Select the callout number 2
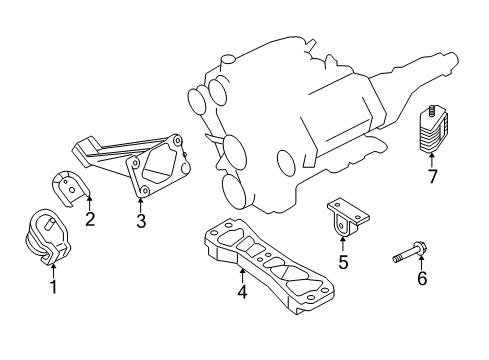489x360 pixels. point(90,218)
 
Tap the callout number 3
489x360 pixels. point(141,221)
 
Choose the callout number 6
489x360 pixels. point(422,278)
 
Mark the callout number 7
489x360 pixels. point(432,178)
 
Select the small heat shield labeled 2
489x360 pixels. point(71,187)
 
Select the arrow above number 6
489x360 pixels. point(421,259)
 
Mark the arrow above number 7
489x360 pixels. point(432,160)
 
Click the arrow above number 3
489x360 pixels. point(141,204)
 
